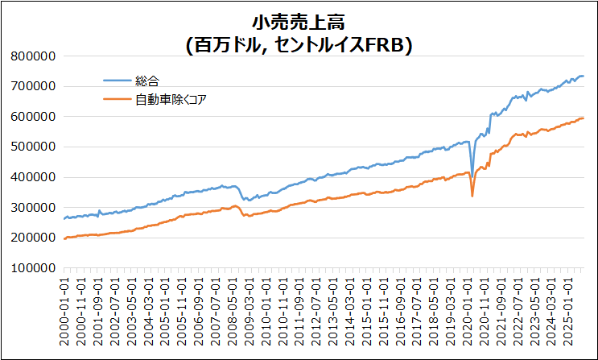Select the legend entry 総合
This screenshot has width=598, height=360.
click(x=147, y=81)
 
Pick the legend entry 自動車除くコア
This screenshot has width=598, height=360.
click(x=174, y=99)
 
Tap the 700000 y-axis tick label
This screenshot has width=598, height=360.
click(x=33, y=86)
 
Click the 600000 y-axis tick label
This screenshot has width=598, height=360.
click(x=33, y=116)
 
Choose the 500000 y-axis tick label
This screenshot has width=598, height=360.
click(x=33, y=147)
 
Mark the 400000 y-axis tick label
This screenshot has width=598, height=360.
click(x=33, y=177)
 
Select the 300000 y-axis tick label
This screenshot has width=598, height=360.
click(x=33, y=207)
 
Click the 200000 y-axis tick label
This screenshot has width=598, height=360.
click(x=33, y=238)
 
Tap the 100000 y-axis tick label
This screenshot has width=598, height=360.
click(x=33, y=268)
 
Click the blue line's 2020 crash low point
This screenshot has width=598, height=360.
click(x=472, y=176)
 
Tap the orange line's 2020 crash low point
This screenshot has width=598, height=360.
click(x=472, y=196)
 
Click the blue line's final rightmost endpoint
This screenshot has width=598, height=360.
click(x=584, y=76)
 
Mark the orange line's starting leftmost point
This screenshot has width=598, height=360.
click(x=64, y=238)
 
